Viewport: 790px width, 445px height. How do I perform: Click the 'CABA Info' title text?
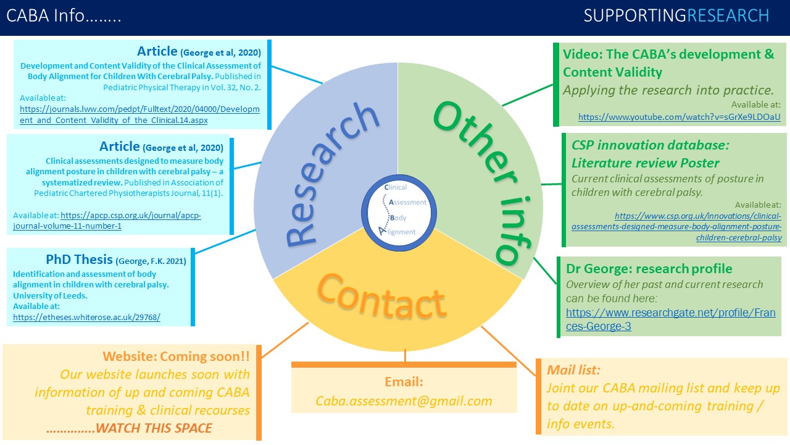(x=64, y=16)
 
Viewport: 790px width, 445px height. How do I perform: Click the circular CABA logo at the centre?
(x=397, y=211)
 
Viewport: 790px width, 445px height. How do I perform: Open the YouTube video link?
(x=679, y=117)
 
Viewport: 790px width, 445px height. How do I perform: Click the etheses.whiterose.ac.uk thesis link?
(x=86, y=317)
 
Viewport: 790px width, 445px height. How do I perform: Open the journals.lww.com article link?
(x=139, y=114)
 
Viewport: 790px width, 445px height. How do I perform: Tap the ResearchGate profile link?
(x=670, y=320)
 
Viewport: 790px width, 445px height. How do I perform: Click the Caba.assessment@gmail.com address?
(x=404, y=401)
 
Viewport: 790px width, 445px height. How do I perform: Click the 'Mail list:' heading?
(x=573, y=370)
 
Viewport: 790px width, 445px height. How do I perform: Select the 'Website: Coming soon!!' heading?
(x=176, y=356)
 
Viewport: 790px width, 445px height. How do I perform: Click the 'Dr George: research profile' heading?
(x=649, y=269)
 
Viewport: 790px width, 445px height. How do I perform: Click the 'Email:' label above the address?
(x=404, y=382)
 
